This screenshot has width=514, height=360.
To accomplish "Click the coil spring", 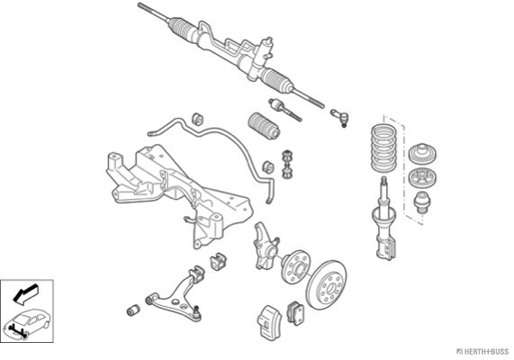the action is coord(383,148).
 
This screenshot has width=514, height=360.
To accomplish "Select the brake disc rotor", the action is coord(326,285).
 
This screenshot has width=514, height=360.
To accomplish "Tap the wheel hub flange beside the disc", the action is coord(295,267).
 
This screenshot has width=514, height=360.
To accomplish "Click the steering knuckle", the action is coord(265,247).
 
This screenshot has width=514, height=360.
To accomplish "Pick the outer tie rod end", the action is coord(339,117).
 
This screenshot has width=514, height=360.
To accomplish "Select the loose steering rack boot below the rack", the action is coord(265,126).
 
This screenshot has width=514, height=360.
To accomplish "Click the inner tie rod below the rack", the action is coord(284,110).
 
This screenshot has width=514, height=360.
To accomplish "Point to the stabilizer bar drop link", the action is coord(287,165).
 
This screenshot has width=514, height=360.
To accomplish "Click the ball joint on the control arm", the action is coord(196,313).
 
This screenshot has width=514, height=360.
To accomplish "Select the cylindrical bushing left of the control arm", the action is coord(133,310).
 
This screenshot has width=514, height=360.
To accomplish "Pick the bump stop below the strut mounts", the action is coord(421,203).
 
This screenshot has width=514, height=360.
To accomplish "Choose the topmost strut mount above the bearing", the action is coord(422,153).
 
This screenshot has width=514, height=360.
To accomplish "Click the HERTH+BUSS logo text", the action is coord(482,352).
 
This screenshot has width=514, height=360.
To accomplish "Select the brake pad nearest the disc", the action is coord(296,313).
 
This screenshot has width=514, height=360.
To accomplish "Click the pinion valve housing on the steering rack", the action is coord(266,52).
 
